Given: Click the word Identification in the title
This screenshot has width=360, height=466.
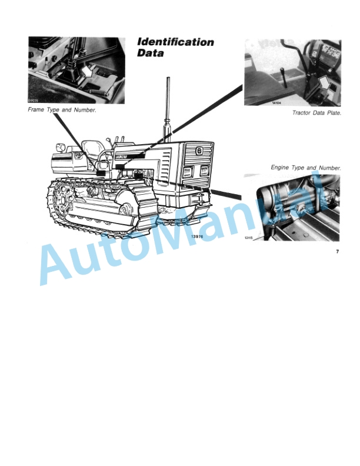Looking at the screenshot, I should pos(175,42).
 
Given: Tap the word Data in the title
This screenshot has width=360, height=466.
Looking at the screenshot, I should pos(150,54).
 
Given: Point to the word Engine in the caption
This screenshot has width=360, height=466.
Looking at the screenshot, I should pos(281,168).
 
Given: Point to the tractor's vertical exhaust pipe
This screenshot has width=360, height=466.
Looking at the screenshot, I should pos(167,112).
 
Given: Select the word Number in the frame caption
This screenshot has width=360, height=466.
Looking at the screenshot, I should pos(84,111).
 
